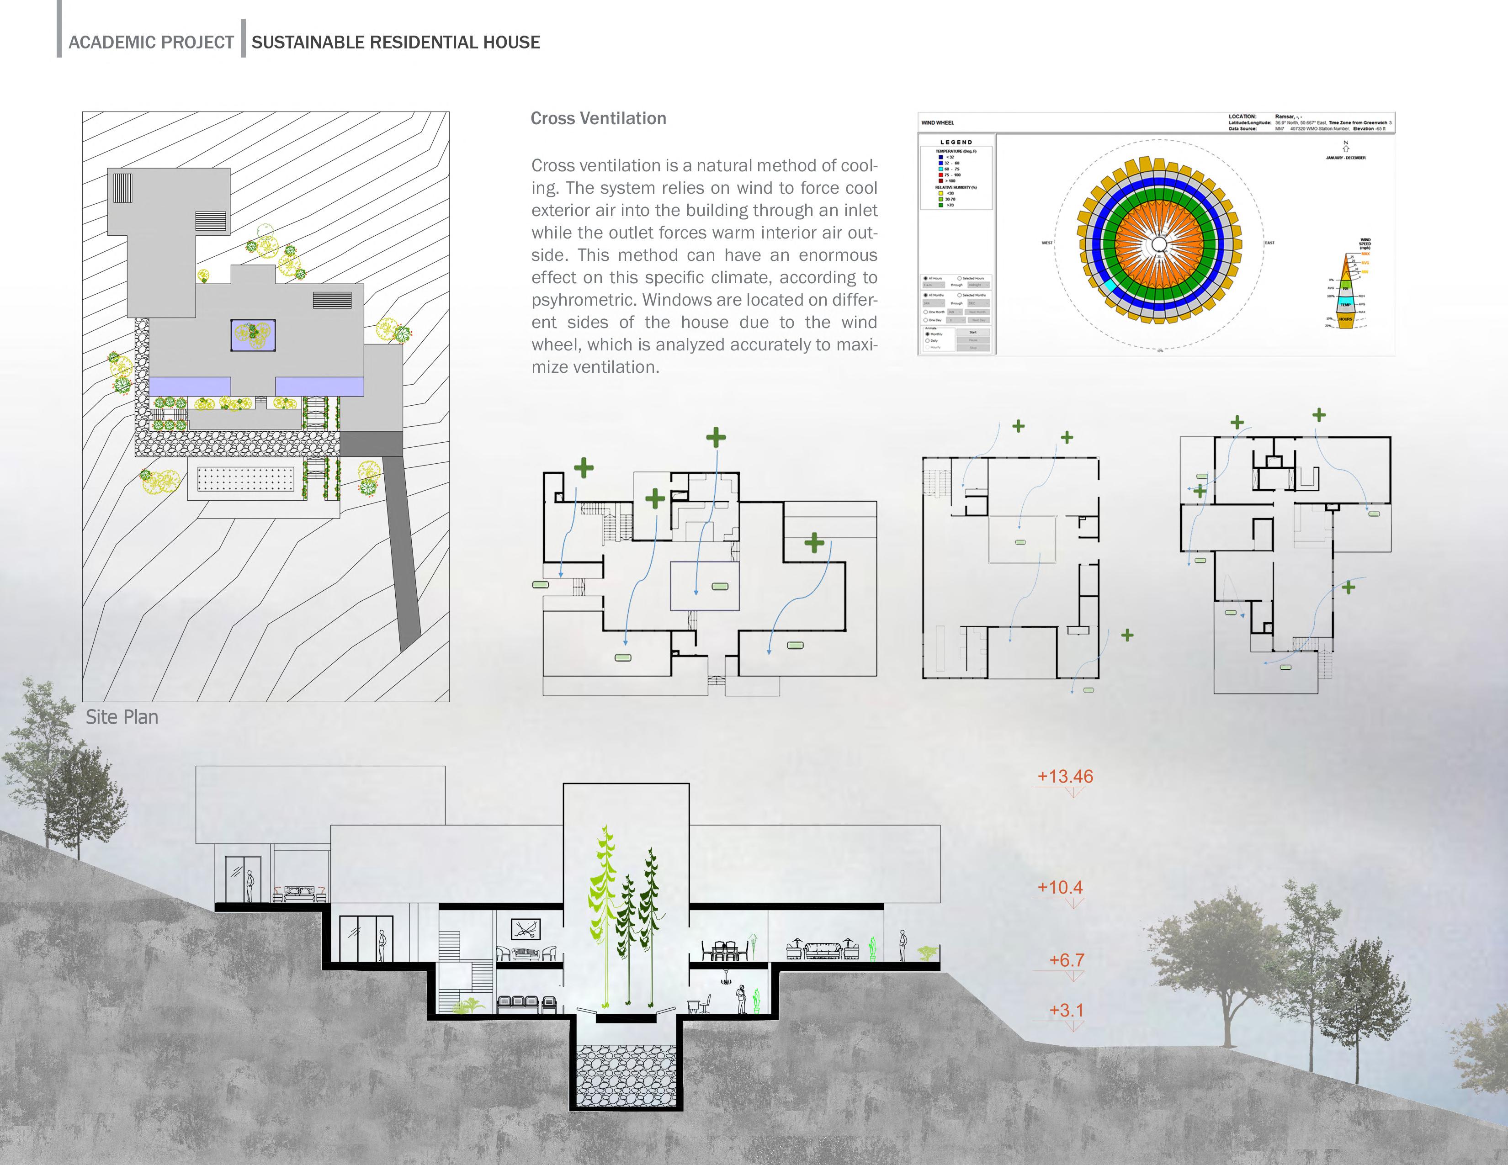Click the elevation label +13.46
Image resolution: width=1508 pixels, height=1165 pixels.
tap(1065, 776)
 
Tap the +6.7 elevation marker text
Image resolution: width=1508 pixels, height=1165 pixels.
tap(1066, 960)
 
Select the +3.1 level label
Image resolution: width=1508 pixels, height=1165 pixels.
tap(1066, 1010)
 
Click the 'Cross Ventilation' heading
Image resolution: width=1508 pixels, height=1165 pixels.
tap(598, 119)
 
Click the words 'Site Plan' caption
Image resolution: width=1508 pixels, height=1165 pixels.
tap(122, 718)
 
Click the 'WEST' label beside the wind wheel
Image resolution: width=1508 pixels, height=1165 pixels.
tap(1047, 243)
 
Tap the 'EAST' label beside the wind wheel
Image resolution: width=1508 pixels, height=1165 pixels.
tap(1269, 243)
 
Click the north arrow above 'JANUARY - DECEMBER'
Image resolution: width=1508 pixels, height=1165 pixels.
tap(1346, 147)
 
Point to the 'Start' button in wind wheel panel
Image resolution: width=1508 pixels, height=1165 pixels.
tap(973, 333)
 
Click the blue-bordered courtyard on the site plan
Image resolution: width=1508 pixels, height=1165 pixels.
tap(253, 335)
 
